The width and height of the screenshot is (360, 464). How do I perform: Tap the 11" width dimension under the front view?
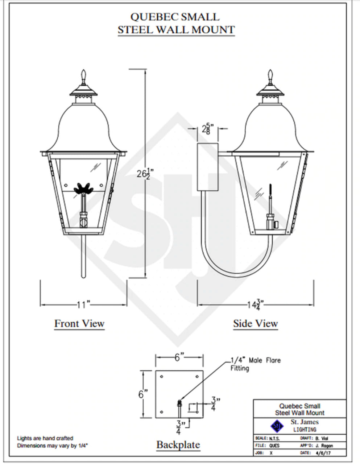point(83,304)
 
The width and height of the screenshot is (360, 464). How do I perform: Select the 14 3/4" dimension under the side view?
point(255,304)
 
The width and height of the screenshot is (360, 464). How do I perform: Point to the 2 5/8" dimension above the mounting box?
point(208,129)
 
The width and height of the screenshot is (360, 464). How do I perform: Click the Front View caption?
point(79,323)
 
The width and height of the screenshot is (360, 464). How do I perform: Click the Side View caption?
point(255,323)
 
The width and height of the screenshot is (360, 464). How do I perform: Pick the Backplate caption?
point(178,444)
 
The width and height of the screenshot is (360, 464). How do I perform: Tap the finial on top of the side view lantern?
point(270,76)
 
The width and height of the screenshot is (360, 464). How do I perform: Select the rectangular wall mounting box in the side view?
point(207,167)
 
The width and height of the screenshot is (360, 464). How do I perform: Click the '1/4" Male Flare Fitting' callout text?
point(256,364)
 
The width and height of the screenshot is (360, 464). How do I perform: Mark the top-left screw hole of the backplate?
point(162,377)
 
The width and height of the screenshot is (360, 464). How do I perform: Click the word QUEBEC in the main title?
point(149,17)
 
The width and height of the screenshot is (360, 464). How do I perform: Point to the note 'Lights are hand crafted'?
point(45,438)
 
